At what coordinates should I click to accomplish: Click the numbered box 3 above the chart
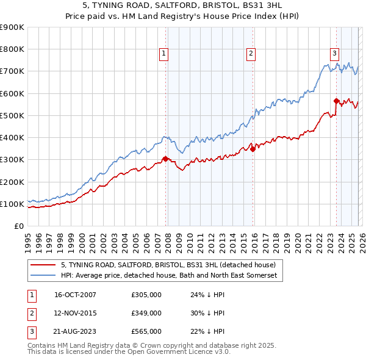[335, 53]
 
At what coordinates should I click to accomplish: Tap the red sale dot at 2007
[165, 159]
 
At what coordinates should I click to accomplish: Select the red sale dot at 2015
[253, 149]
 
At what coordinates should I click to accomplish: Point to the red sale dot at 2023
[336, 101]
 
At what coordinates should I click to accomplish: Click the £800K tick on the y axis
[12, 49]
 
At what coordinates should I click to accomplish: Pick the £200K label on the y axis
[12, 182]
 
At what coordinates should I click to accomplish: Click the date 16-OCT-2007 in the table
[75, 295]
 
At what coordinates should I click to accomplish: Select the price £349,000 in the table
[146, 313]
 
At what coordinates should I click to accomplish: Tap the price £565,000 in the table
[146, 331]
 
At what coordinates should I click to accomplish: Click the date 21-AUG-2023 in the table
[75, 331]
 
